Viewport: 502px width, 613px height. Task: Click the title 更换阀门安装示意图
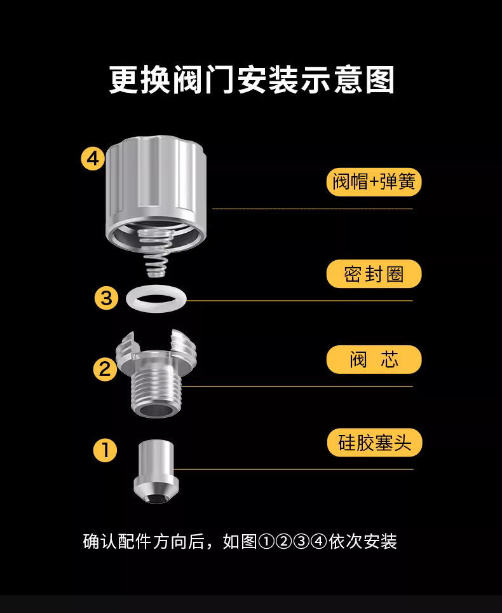251,79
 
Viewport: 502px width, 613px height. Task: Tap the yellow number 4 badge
93,159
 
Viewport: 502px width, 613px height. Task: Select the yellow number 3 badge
106,298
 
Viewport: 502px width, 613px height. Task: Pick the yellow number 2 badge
105,369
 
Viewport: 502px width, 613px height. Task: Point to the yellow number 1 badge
105,450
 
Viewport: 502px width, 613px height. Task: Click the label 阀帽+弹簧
374,182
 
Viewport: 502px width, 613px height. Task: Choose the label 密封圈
374,273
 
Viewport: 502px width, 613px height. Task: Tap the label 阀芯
374,359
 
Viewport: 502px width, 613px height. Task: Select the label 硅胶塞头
375,443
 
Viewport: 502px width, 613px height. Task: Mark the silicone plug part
156,471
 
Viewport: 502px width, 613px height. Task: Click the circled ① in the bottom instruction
266,542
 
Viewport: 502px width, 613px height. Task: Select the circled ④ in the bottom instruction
319,542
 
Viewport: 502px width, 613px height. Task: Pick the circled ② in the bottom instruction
283,542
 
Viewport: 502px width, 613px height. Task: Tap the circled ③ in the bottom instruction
302,542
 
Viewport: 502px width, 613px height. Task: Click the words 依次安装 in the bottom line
363,542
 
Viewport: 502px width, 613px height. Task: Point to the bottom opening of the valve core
156,411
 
